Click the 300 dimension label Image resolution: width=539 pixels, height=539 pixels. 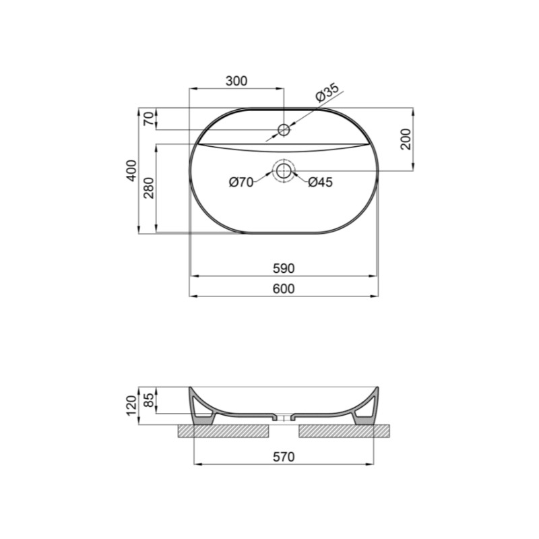point(236,81)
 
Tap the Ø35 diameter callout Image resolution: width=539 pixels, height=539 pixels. point(327,92)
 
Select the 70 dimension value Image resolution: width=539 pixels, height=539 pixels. point(148,119)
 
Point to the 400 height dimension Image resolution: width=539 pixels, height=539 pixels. point(131,170)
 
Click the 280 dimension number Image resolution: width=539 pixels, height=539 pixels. point(149,188)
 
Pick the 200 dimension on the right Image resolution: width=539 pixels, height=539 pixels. point(406,139)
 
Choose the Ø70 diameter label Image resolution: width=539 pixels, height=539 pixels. point(241,182)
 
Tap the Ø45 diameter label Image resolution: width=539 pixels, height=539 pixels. point(321,182)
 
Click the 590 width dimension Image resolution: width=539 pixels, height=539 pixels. point(284,268)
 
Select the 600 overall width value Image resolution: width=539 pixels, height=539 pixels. point(284,289)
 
